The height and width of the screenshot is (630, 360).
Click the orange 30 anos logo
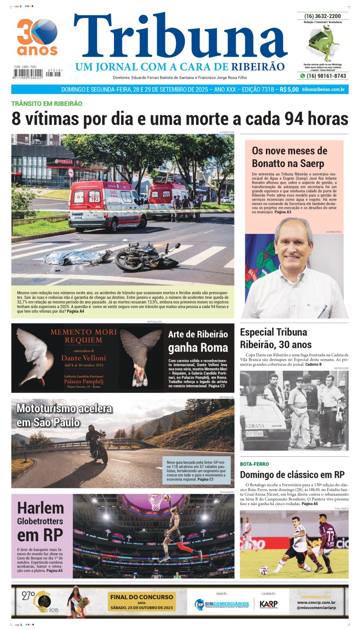click(x=37, y=37)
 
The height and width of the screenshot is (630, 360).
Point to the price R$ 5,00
click(x=289, y=90)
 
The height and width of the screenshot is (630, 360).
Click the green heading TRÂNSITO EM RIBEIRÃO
click(x=46, y=104)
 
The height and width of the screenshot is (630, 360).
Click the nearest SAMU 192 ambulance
click(x=107, y=205)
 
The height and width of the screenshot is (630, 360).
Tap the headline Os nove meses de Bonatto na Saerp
click(x=289, y=157)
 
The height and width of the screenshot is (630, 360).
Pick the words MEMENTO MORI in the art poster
click(x=84, y=332)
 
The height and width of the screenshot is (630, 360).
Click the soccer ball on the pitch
click(x=264, y=570)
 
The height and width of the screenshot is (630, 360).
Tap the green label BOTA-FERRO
click(x=254, y=464)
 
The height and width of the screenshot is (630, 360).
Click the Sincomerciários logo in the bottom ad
click(x=222, y=604)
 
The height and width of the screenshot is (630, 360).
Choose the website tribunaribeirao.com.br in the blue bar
click(x=323, y=90)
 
